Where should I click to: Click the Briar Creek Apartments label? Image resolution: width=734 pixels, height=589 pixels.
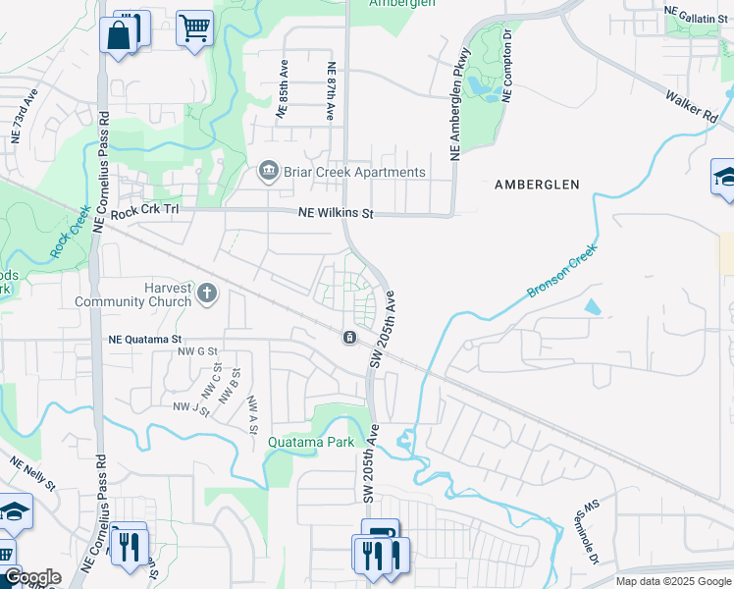355,172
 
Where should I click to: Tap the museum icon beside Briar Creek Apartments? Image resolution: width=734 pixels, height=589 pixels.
267,173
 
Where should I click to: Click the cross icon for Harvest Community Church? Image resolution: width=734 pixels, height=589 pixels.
207,293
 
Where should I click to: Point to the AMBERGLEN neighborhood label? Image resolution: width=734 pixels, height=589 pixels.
537,185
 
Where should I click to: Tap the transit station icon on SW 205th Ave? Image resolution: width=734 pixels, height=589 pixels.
349,338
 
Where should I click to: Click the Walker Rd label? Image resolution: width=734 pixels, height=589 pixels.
692,106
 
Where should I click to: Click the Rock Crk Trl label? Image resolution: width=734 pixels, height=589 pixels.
146,212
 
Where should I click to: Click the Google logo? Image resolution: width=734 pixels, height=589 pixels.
31,577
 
